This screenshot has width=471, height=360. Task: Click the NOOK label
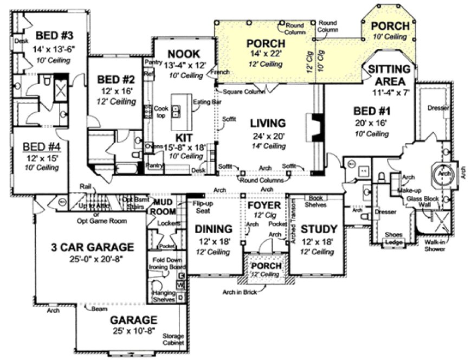(x=184, y=54)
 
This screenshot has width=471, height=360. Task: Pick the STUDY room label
(x=319, y=229)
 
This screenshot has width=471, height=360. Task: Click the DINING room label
(x=214, y=229)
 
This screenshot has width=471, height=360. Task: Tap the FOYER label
(x=264, y=206)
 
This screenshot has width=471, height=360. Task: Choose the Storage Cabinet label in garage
(x=174, y=340)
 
